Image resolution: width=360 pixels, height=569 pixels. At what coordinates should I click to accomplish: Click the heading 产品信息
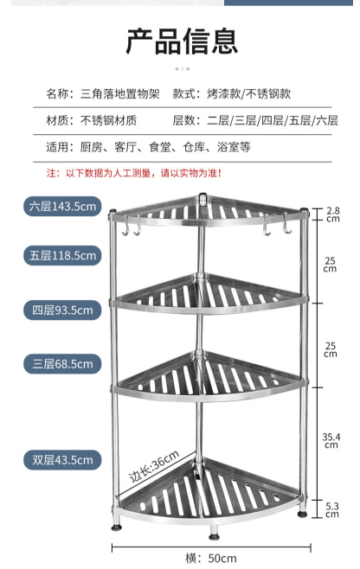click(x=182, y=41)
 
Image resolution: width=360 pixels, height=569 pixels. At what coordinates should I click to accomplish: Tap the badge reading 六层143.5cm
click(x=62, y=207)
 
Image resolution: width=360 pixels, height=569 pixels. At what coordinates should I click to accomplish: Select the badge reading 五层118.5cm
click(x=62, y=255)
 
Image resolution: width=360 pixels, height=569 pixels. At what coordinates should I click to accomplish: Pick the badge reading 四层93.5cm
click(x=62, y=310)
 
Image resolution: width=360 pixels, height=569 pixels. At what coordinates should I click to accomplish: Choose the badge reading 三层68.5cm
click(x=62, y=364)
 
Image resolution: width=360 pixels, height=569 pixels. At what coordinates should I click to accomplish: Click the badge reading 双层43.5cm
click(x=62, y=460)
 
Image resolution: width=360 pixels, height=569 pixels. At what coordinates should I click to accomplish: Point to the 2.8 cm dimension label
click(x=333, y=214)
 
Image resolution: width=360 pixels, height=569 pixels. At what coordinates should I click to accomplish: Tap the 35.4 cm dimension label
click(x=331, y=440)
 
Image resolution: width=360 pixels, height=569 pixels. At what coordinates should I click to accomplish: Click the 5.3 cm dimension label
click(x=332, y=509)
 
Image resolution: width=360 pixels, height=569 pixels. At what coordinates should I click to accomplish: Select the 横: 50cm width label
click(x=210, y=558)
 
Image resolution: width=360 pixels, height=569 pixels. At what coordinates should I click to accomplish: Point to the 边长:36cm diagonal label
click(x=154, y=466)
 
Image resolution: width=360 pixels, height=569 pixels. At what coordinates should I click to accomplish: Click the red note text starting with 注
click(x=133, y=173)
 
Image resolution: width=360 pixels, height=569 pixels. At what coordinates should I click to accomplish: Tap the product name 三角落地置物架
click(x=120, y=93)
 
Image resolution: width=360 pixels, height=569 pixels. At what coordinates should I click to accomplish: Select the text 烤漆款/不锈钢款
click(x=249, y=93)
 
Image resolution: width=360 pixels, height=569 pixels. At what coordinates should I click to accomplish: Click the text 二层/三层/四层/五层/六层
click(x=273, y=120)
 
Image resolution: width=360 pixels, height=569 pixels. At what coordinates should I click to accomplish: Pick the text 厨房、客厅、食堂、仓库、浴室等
click(x=165, y=147)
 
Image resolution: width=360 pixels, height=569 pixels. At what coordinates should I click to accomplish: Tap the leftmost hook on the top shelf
click(x=125, y=226)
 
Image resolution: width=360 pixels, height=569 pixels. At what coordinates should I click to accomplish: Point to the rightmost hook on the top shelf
click(x=287, y=224)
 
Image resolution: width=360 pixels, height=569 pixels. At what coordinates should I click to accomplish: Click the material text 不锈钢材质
click(x=108, y=120)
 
